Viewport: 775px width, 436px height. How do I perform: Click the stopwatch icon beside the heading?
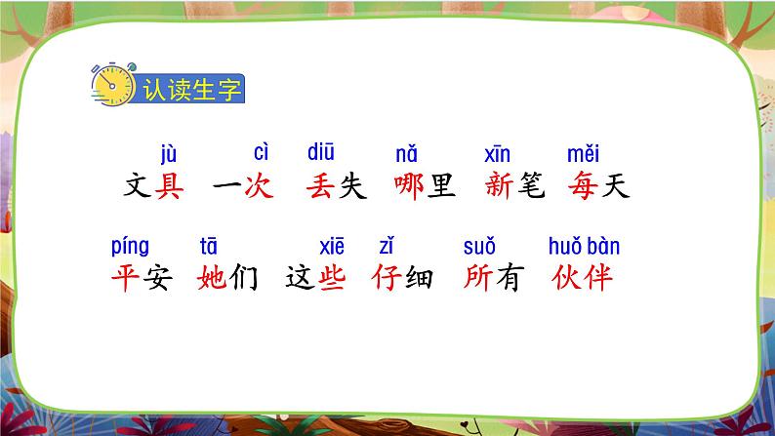point(113,85)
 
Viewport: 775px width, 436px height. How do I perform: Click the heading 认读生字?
point(192,90)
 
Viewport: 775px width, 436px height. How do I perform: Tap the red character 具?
point(170,186)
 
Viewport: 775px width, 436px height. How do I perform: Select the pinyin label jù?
point(169,154)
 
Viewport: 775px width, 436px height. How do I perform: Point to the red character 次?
point(259,186)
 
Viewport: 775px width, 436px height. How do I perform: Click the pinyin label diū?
point(321,152)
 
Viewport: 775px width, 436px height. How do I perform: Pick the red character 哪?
point(409,186)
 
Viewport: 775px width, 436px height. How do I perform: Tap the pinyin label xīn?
point(497,154)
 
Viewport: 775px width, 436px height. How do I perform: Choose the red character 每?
point(583,186)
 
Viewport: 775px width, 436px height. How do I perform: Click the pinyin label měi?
point(584,154)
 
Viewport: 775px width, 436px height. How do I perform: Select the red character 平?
point(126,278)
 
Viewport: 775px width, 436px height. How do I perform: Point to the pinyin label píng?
point(130,247)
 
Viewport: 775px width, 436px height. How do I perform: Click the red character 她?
point(212,278)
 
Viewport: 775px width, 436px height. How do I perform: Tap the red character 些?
point(332,278)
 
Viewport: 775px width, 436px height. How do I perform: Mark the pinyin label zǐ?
point(387,246)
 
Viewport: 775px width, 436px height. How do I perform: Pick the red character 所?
point(478,278)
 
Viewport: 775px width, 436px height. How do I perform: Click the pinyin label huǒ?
point(565,246)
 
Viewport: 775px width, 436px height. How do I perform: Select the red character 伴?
point(598,278)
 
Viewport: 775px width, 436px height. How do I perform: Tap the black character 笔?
point(531,186)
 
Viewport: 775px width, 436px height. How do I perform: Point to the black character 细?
point(419,278)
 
